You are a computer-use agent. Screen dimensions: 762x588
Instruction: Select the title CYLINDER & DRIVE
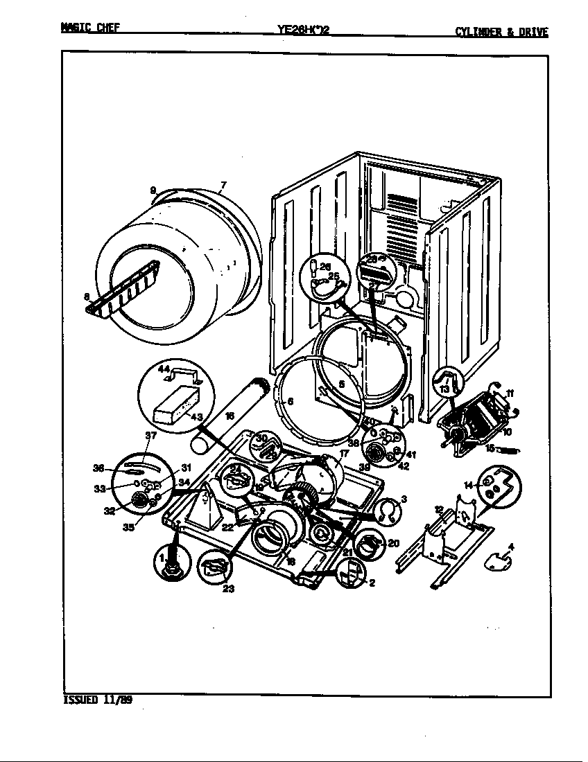pos(501,31)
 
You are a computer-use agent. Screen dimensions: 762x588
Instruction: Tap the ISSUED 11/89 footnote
pos(97,700)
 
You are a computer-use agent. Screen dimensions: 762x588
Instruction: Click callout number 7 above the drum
pos(223,185)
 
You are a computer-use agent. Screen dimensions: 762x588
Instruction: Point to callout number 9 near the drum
pos(153,190)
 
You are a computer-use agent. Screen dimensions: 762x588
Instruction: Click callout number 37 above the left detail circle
pos(151,435)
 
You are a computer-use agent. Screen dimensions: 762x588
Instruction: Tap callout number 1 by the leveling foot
pos(162,558)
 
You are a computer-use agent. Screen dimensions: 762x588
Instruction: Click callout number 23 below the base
pos(228,590)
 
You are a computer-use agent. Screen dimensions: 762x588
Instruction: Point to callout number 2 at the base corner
pos(372,583)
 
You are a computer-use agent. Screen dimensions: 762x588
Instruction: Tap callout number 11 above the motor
pos(510,393)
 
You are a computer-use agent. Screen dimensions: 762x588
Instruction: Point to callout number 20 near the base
pos(393,543)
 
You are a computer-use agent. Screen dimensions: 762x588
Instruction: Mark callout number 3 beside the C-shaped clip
pos(404,499)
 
